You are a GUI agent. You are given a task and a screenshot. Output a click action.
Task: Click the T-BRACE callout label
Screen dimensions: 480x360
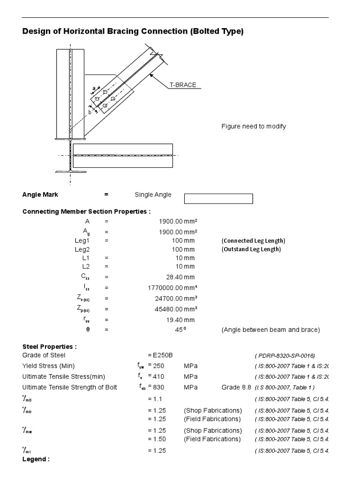pos(183,85)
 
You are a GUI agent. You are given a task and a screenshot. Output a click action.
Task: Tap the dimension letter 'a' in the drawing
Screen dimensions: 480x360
pos(94,88)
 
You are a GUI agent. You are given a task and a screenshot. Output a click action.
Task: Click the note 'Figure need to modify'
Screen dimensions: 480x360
pos(254,127)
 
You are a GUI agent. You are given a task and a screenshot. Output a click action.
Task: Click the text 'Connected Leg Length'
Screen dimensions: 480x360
pos(253,240)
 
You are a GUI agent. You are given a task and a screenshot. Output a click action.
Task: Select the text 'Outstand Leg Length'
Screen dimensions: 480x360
pos(251,249)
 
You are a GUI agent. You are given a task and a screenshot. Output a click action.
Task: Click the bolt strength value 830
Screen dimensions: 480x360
pos(160,388)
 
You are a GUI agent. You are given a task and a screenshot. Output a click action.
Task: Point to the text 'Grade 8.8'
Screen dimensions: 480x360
pos(235,388)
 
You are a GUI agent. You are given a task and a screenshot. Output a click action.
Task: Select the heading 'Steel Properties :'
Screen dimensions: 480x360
pos(50,346)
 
